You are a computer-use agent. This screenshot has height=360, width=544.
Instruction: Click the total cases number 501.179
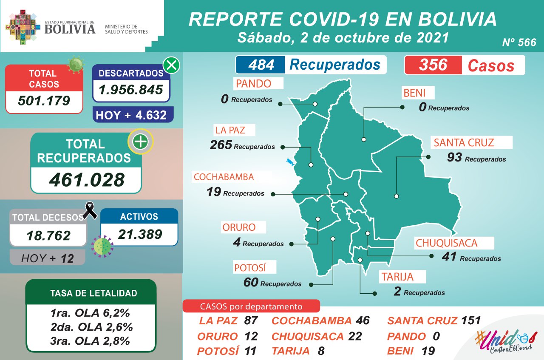click(x=44, y=101)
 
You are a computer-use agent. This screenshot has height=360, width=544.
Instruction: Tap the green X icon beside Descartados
click(x=171, y=66)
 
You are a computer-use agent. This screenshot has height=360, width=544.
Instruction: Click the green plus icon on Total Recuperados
click(x=140, y=142)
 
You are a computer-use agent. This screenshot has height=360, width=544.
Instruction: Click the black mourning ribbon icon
click(x=90, y=210)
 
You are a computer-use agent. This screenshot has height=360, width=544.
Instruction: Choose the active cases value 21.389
click(x=140, y=234)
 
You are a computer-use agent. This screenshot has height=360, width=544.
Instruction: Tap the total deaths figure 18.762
click(x=48, y=235)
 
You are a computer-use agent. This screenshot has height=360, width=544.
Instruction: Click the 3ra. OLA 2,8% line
click(x=90, y=341)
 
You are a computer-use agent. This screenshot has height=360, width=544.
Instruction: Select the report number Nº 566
click(x=518, y=43)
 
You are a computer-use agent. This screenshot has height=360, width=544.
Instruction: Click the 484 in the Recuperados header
click(x=261, y=65)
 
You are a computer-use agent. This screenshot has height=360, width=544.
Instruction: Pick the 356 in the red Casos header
click(x=433, y=65)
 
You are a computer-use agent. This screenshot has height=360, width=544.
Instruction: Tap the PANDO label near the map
click(x=253, y=84)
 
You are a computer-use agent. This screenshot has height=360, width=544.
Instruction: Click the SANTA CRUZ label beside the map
click(x=463, y=142)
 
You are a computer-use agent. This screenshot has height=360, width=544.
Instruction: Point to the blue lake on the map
click(x=291, y=162)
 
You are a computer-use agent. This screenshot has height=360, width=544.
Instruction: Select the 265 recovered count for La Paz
click(x=221, y=145)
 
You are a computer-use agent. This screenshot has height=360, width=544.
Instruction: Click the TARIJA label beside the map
click(x=397, y=277)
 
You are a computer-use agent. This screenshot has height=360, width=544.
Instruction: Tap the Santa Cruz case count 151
click(x=470, y=320)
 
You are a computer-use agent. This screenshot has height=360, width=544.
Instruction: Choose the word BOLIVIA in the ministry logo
click(x=70, y=29)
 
